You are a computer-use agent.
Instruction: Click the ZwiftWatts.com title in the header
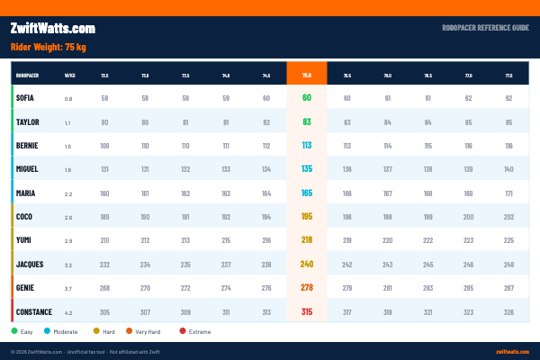[x=52, y=29]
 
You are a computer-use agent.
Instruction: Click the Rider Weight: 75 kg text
[x=48, y=47]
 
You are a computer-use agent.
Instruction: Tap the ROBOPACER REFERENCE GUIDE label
[x=485, y=29]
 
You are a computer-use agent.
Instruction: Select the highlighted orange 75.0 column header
[x=307, y=75]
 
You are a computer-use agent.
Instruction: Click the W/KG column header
[x=69, y=75]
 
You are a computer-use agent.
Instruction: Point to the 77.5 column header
[x=508, y=75]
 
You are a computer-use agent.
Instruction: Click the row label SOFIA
[x=26, y=97]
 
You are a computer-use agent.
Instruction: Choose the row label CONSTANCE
[x=33, y=312]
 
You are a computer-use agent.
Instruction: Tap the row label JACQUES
[x=31, y=264]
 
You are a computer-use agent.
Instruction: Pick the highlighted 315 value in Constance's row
[x=307, y=312]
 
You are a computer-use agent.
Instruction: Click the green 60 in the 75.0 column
[x=307, y=97]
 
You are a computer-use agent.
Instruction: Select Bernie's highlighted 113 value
[x=307, y=145]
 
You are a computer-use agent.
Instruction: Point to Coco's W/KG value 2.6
[x=68, y=217]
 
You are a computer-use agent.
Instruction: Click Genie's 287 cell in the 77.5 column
[x=508, y=288]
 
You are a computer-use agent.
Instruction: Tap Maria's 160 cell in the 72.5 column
[x=104, y=193]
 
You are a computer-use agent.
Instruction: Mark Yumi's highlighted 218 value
[x=307, y=240]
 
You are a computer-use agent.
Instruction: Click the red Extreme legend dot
[x=183, y=331]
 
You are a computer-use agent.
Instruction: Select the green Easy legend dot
[x=14, y=331]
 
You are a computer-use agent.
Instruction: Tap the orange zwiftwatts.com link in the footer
[x=512, y=351]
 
